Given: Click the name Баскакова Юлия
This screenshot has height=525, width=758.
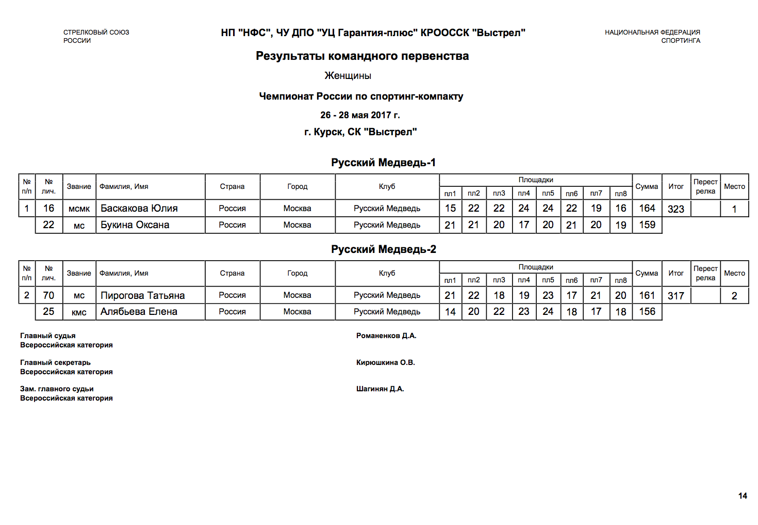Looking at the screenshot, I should tap(139, 209).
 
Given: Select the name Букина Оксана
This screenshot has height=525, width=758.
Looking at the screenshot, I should tap(135, 225).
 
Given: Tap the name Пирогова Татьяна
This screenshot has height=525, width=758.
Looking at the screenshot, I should tap(142, 296).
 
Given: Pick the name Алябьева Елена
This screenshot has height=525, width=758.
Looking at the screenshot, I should tap(139, 312).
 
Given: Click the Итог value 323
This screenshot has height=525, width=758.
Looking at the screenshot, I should tap(675, 209).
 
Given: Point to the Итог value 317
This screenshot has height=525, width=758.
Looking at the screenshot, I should tap(675, 296).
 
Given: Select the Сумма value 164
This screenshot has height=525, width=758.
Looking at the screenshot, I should tap(647, 209).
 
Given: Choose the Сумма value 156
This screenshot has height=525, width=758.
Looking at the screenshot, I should tap(647, 312).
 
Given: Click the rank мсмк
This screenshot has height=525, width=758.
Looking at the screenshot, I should tap(79, 209).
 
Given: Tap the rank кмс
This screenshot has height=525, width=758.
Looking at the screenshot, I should tap(79, 312).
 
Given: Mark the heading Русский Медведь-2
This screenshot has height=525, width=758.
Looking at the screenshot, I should tap(383, 249).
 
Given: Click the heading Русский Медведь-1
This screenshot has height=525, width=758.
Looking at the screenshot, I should tap(383, 163).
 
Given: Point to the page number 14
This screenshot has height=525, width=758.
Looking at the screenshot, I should tap(743, 496).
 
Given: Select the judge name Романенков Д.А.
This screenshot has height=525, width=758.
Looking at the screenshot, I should tap(386, 336).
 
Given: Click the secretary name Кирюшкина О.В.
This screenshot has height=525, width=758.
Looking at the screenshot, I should tap(385, 363).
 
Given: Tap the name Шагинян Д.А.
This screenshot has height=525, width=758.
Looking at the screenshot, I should tap(380, 389).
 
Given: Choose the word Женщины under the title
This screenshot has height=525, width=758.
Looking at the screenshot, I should tap(348, 76).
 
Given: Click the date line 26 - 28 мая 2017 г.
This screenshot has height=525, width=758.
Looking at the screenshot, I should tap(360, 115).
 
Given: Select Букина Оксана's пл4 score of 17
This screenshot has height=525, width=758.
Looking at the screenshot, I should tap(523, 225).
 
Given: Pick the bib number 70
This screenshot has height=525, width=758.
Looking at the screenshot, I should tap(48, 296).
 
